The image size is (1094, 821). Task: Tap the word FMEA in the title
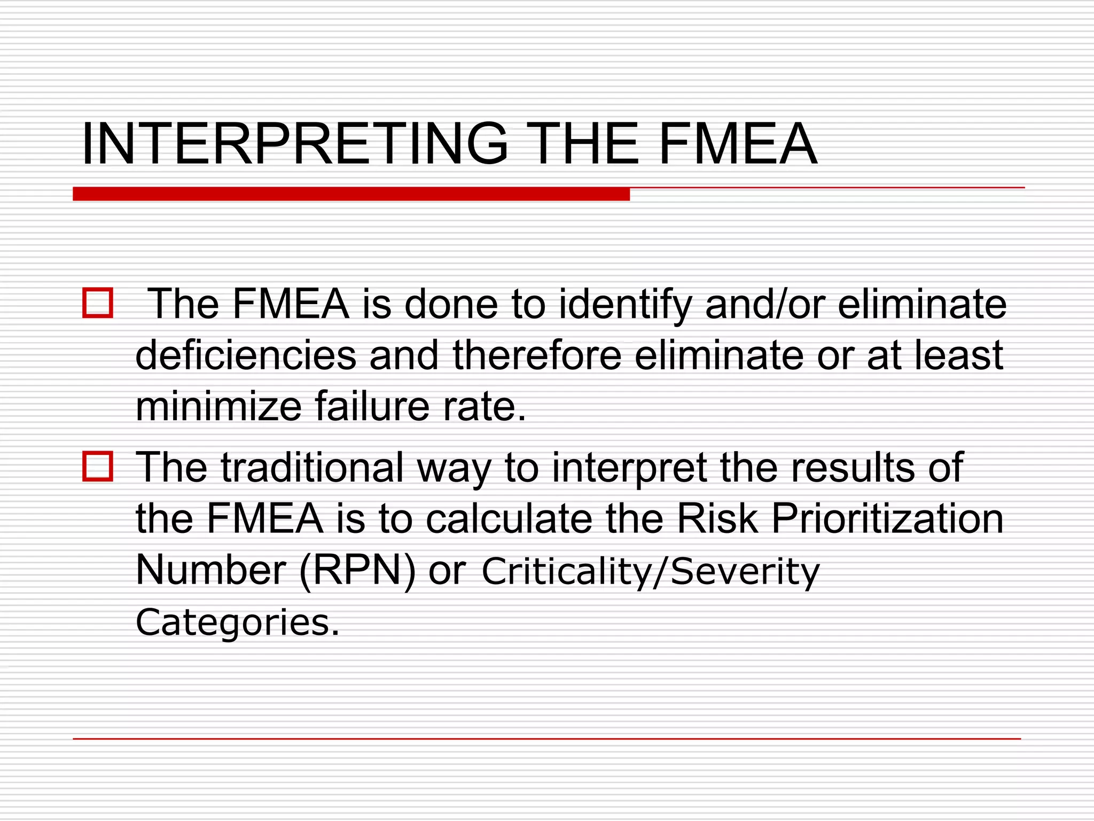pos(737,144)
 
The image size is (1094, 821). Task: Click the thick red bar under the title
pos(351,194)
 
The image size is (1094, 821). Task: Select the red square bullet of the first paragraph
pos(98,304)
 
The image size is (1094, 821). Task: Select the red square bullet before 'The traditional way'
pos(98,467)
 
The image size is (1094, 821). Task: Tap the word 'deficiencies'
pos(246,355)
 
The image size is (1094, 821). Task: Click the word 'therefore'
pos(537,355)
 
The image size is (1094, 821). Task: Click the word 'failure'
pos(372,406)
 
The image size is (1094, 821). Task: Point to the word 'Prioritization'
pos(887,518)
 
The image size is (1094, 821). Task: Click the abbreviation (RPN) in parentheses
pos(357,571)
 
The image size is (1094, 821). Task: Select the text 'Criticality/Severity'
pos(650,571)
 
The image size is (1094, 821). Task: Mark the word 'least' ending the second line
pos(958,355)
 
